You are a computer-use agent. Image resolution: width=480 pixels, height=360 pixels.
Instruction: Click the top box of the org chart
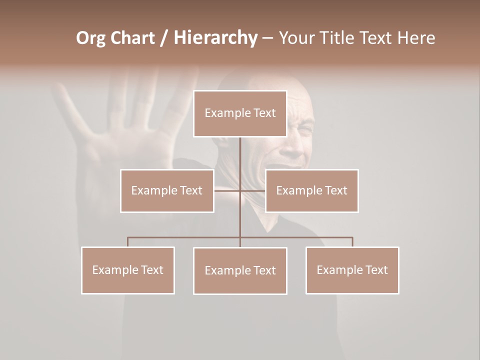coord(240,113)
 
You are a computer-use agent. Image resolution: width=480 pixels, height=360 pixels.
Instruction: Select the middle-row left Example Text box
coord(167,190)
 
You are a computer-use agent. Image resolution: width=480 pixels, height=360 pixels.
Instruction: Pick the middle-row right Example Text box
coord(311,190)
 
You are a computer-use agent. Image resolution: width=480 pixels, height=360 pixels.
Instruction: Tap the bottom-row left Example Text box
coord(127,270)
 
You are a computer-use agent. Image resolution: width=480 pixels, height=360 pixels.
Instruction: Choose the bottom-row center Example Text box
coord(240,270)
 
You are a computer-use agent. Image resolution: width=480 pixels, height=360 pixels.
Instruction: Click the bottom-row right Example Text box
coord(352,270)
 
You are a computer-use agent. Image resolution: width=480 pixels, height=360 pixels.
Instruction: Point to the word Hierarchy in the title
coord(215,38)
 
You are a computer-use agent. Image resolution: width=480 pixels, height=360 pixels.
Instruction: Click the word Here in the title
coord(416,38)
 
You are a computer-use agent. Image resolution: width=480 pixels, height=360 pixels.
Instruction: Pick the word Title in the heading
coord(339,38)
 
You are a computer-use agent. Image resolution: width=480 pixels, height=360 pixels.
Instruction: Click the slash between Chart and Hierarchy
coord(164,38)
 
